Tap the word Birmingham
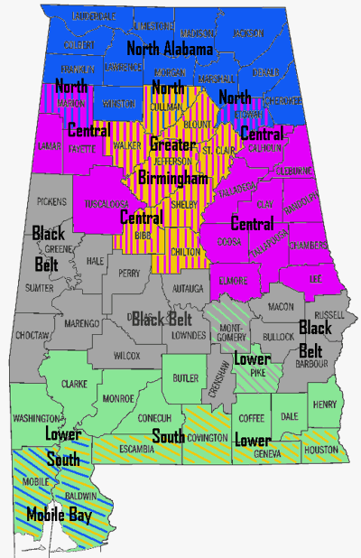172,179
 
